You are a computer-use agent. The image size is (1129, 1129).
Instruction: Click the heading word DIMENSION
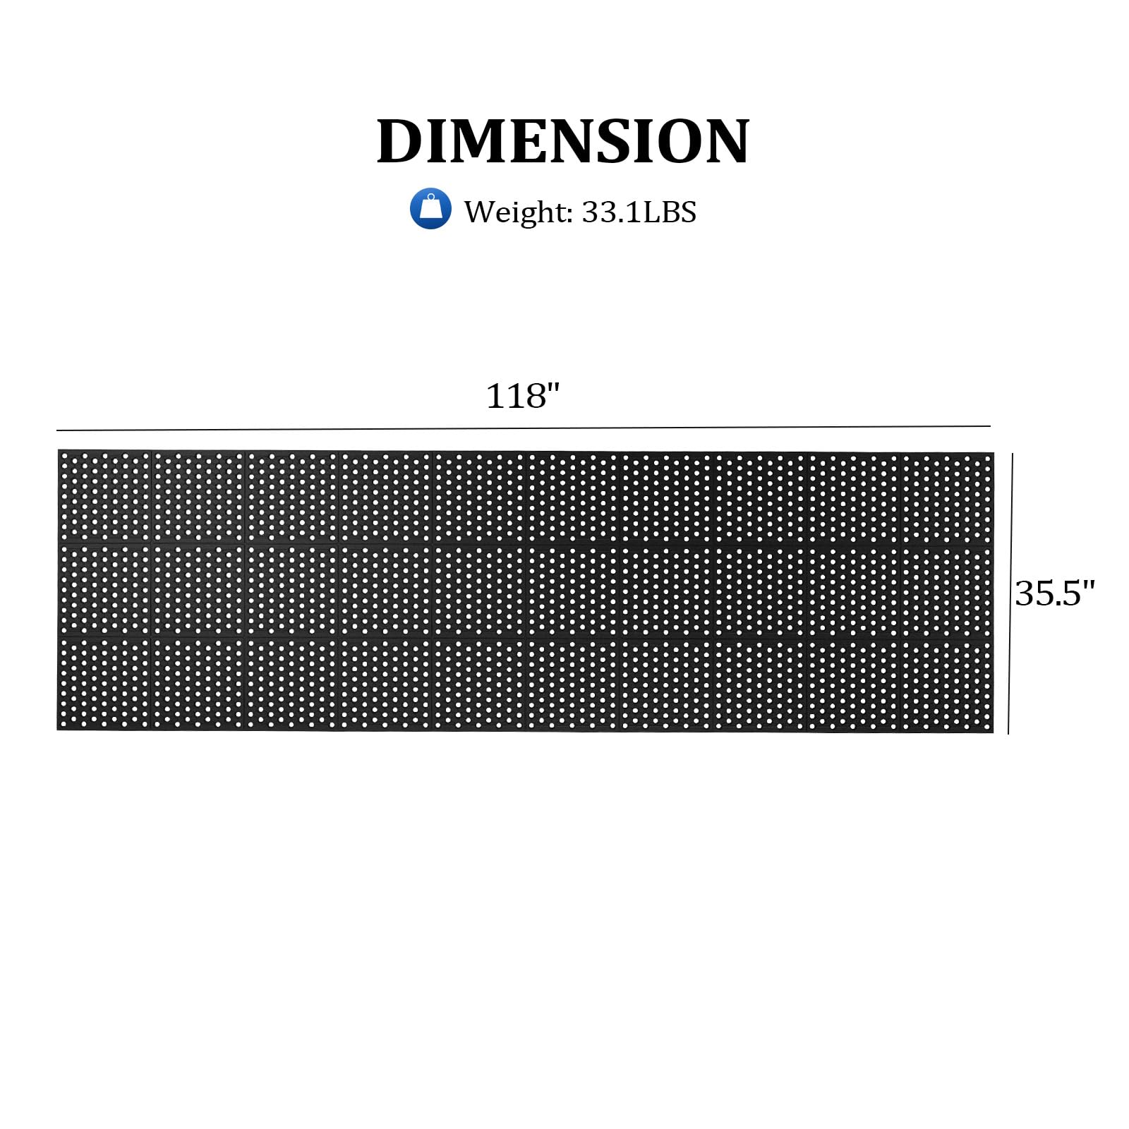click(563, 141)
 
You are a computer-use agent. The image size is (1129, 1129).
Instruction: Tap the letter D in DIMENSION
click(402, 141)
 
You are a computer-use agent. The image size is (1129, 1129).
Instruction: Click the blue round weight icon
click(430, 209)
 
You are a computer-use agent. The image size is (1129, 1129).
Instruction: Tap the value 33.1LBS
click(639, 212)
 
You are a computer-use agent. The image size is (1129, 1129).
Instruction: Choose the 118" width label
click(523, 396)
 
